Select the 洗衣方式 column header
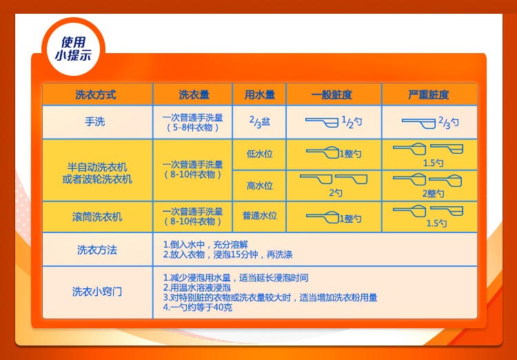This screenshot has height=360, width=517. pyautogui.click(x=96, y=94)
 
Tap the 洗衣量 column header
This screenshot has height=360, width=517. pyautogui.click(x=194, y=94)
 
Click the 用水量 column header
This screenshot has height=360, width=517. pyautogui.click(x=259, y=94)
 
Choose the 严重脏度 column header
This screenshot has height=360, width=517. pyautogui.click(x=428, y=94)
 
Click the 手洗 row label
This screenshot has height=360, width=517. pyautogui.click(x=96, y=122)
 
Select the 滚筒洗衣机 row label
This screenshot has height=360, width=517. pyautogui.click(x=97, y=217)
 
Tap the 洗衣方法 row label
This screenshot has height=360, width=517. pyautogui.click(x=97, y=250)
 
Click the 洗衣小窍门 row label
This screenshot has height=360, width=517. pyautogui.click(x=97, y=292)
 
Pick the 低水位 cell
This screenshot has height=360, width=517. pyautogui.click(x=259, y=154)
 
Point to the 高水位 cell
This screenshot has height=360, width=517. pyautogui.click(x=259, y=186)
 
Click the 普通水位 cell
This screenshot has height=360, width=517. pyautogui.click(x=259, y=216)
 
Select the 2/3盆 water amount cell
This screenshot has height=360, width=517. pyautogui.click(x=259, y=121)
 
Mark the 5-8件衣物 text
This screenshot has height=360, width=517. pyautogui.click(x=193, y=128)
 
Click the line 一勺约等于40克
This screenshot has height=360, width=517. pyautogui.click(x=198, y=307)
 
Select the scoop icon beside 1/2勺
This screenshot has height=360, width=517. pyautogui.click(x=322, y=121)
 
